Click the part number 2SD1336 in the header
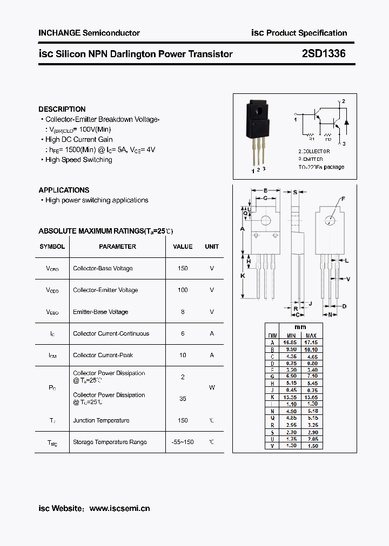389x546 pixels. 324,53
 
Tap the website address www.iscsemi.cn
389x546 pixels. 119,508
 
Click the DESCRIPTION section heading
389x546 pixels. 62,109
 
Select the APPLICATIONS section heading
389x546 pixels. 64,190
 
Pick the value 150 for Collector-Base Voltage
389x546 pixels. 183,268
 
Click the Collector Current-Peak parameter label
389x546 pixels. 103,355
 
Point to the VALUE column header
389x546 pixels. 183,247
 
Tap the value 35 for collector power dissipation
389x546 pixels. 183,399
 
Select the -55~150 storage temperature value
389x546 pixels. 183,442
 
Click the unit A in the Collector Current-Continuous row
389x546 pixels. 212,333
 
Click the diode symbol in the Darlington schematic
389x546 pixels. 346,121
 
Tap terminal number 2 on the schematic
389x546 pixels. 343,101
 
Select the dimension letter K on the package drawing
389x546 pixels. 243,276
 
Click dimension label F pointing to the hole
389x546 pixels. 343,199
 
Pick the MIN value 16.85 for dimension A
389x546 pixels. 290,343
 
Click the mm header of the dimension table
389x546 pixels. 300,327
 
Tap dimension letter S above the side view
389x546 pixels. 295,191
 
